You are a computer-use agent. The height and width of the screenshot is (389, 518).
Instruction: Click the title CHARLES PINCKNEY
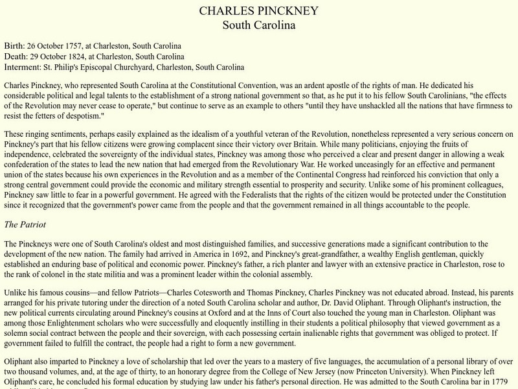pos(258,12)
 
